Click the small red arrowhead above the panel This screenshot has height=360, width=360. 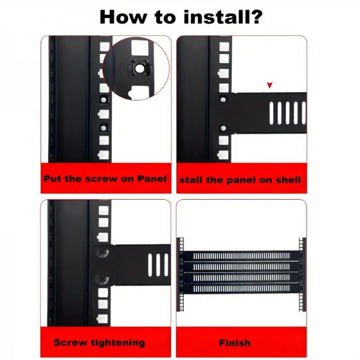269,86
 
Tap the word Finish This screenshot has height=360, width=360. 235,343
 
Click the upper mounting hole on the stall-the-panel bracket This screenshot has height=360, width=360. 223,100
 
